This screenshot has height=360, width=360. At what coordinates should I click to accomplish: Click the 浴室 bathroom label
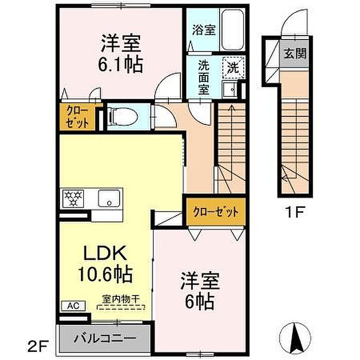pyautogui.click(x=204, y=30)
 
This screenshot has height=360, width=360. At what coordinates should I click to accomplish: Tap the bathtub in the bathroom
pyautogui.click(x=232, y=30)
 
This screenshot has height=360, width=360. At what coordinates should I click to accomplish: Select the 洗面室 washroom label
pyautogui.click(x=204, y=77)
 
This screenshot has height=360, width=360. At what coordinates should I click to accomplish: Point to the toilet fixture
pyautogui.click(x=123, y=117)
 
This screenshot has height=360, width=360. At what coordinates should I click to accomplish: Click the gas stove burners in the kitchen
pyautogui.click(x=74, y=198)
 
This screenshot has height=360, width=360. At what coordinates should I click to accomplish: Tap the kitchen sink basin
pyautogui.click(x=109, y=199)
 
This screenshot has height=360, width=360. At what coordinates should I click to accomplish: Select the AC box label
pyautogui.click(x=74, y=306)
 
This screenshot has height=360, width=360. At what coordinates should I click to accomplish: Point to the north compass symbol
pyautogui.click(x=295, y=339)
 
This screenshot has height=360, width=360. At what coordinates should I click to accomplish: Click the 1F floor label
pyautogui.click(x=294, y=212)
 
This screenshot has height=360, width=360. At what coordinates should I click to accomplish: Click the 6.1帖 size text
pyautogui.click(x=120, y=65)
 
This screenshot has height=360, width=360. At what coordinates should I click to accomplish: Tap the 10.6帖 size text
pyautogui.click(x=105, y=274)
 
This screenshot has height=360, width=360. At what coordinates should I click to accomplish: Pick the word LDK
pyautogui.click(x=105, y=253)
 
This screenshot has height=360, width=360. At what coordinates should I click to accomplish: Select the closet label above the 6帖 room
pyautogui.click(x=215, y=211)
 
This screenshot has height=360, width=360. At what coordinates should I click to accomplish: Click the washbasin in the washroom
pyautogui.click(x=230, y=89)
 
